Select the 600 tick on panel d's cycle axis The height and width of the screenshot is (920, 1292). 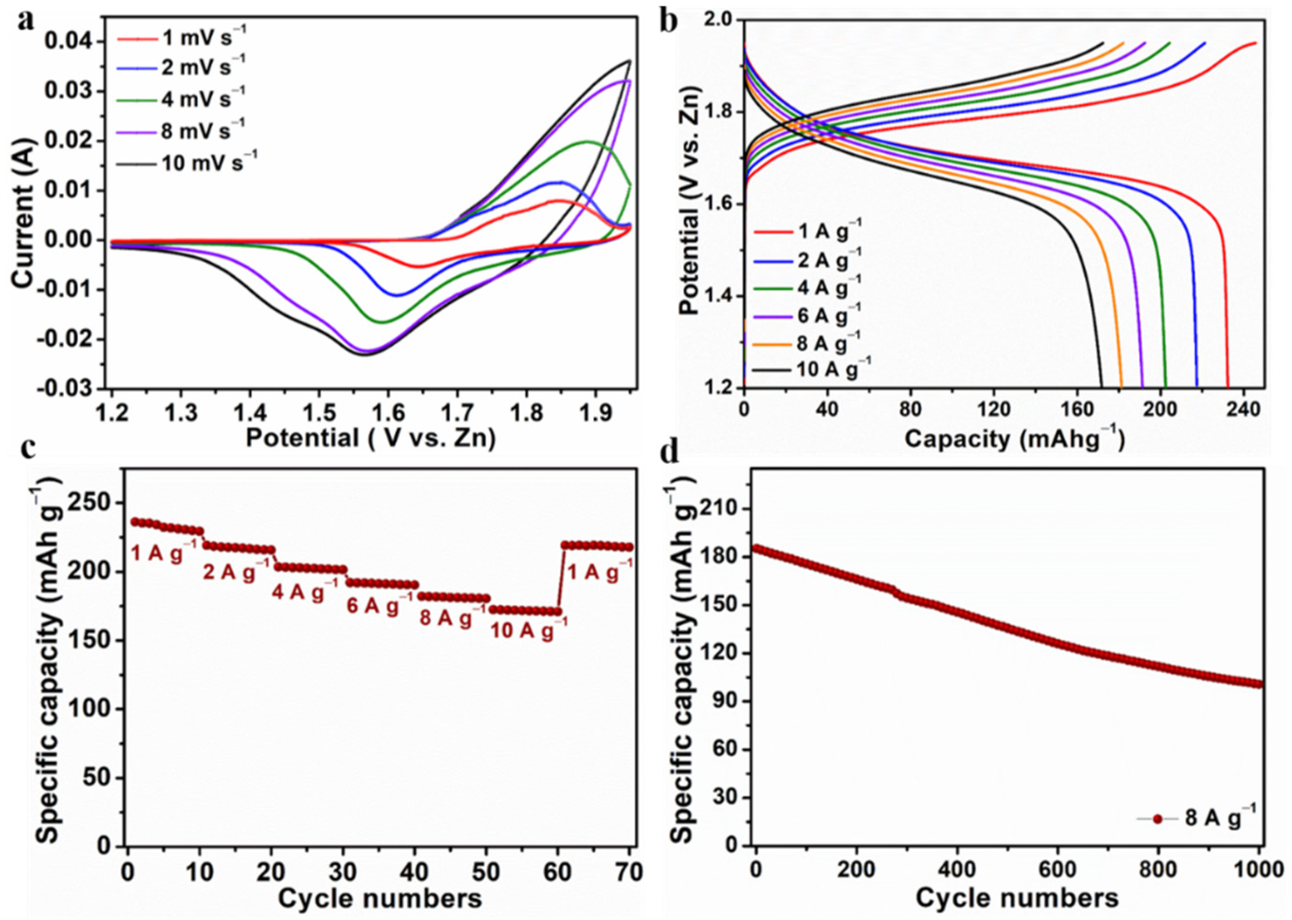[1058, 871]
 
